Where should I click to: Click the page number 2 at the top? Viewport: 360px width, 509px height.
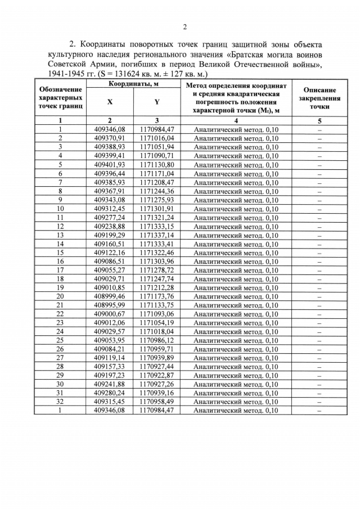184,26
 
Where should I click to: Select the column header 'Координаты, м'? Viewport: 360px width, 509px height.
133,84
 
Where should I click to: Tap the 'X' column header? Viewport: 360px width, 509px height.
110,102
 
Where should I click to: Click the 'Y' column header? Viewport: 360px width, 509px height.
156,102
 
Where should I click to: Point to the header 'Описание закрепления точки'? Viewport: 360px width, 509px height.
319,98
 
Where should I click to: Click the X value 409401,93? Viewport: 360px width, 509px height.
109,164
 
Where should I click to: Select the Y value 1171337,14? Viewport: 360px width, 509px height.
156,235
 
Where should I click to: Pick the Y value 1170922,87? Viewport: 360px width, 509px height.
156,375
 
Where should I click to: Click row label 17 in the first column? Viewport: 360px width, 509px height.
60,270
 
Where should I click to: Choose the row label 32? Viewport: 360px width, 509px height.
60,402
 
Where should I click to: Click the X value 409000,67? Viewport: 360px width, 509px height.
109,314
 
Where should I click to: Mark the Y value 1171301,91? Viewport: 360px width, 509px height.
156,208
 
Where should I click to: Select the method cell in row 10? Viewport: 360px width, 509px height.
236,209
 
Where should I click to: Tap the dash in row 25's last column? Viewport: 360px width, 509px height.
319,340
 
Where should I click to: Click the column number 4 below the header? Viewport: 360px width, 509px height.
236,120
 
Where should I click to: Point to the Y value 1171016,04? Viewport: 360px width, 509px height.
156,138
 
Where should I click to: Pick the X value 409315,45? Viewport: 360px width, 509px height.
109,402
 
